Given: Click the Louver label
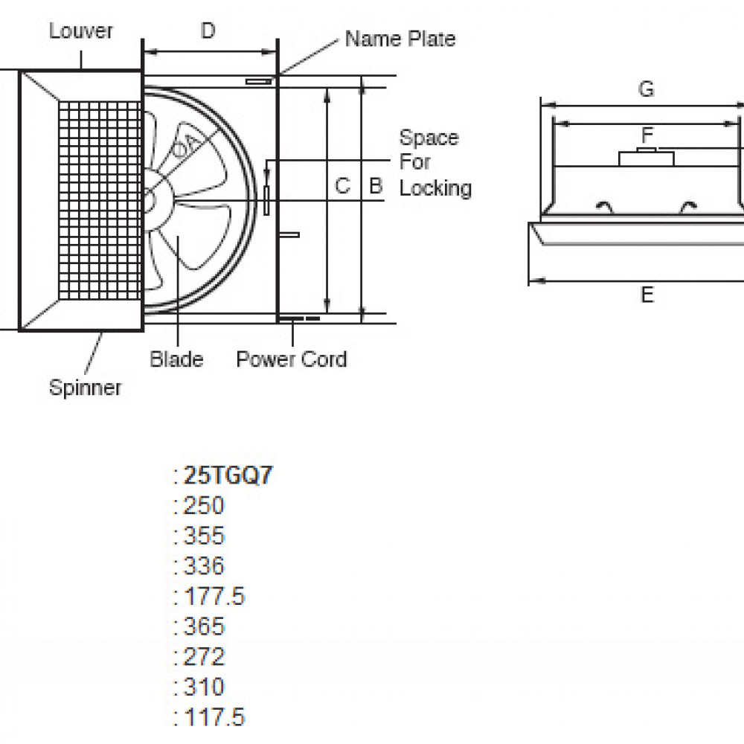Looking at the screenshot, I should pyautogui.click(x=81, y=31).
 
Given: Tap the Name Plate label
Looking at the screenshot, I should pyautogui.click(x=400, y=39).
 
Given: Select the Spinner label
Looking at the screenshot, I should pyautogui.click(x=85, y=388).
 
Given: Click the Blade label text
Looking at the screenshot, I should pyautogui.click(x=176, y=359).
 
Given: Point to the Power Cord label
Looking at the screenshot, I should pyautogui.click(x=291, y=359).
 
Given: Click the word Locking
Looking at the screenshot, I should pyautogui.click(x=435, y=187).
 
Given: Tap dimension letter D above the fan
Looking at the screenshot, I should pyautogui.click(x=208, y=31).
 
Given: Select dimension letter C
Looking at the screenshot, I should pyautogui.click(x=341, y=185).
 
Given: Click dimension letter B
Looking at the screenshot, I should pyautogui.click(x=376, y=185).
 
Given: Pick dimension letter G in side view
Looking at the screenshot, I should pyautogui.click(x=647, y=89).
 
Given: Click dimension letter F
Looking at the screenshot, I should pyautogui.click(x=647, y=135).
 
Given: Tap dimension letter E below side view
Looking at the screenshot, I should pyautogui.click(x=647, y=295).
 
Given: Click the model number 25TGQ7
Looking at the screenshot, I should pyautogui.click(x=227, y=476).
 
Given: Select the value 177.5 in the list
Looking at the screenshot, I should pyautogui.click(x=214, y=596).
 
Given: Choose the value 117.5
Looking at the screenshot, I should pyautogui.click(x=214, y=717).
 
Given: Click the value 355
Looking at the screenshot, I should pyautogui.click(x=204, y=536).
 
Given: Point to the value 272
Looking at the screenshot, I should pyautogui.click(x=204, y=656).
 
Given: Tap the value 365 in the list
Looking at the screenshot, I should pyautogui.click(x=204, y=626).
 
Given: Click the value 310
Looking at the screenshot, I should pyautogui.click(x=204, y=687).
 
